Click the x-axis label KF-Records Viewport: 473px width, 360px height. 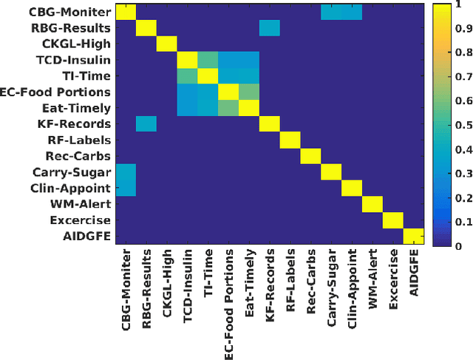coord(270,285)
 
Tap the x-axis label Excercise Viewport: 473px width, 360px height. coord(393,282)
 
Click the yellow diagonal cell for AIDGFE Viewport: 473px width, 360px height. coord(413,236)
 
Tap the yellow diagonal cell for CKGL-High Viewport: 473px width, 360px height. coord(167,44)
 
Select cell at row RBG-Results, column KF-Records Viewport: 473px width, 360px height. coord(270,28)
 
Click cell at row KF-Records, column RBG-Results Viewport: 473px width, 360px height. coord(146,123)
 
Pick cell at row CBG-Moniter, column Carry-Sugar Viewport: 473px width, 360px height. coord(331,13)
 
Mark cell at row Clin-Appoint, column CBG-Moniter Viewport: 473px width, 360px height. coord(126,188)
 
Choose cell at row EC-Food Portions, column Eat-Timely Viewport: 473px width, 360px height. coord(249,92)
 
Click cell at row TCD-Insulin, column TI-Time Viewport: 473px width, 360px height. coord(208,60)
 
